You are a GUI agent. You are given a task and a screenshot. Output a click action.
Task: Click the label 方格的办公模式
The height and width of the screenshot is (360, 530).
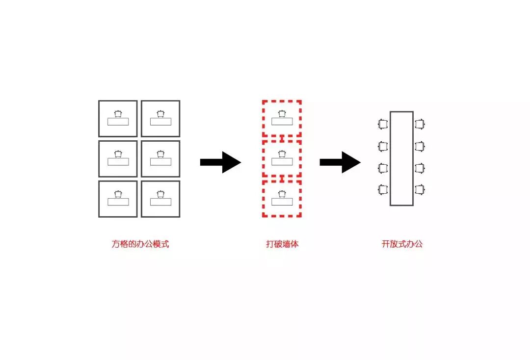coord(140,244)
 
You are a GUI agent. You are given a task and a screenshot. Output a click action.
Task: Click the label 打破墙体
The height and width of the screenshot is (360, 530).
coord(282,244)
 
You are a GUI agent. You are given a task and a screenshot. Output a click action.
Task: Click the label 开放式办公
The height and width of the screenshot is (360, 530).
coord(402,244)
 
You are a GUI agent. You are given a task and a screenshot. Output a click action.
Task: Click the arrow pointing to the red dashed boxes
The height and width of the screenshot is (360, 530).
coord(220,162)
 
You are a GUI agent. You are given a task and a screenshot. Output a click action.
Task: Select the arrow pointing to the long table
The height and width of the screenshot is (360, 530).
coord(340,162)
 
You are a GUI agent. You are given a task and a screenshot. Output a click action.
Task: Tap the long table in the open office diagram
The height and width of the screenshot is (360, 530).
coord(401,158)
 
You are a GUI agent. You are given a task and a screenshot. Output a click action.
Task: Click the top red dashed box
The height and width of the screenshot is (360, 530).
coord(282,118)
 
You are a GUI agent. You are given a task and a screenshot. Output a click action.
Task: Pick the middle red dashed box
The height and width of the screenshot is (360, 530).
coord(282,158)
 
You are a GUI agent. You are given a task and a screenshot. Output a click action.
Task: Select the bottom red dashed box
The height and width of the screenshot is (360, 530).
coord(282,199)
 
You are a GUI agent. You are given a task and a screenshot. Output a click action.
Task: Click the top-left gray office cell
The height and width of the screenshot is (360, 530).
coord(118,118)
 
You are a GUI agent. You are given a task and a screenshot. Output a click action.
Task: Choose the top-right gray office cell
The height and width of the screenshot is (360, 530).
coord(160,118)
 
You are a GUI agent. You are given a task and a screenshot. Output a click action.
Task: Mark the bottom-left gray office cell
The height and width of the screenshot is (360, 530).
coord(118,199)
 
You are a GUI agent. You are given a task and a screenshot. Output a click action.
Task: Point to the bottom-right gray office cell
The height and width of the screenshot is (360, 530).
coord(160,199)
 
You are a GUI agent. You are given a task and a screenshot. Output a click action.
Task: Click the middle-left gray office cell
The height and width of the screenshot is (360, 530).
coord(118,158)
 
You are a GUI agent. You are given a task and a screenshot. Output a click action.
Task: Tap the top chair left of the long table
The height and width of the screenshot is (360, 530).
coord(383,125)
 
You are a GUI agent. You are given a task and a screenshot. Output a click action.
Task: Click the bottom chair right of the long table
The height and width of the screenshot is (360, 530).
coord(420,189)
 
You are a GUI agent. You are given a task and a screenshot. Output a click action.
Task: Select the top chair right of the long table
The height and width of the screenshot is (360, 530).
coord(420,125)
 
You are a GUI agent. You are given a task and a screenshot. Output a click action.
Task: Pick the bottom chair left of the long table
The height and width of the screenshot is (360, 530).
coord(383,189)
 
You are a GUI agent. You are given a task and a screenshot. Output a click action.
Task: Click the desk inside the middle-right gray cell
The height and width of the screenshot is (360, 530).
coord(160,162)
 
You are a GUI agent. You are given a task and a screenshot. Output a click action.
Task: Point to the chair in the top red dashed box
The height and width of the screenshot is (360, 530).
coord(282,114)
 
